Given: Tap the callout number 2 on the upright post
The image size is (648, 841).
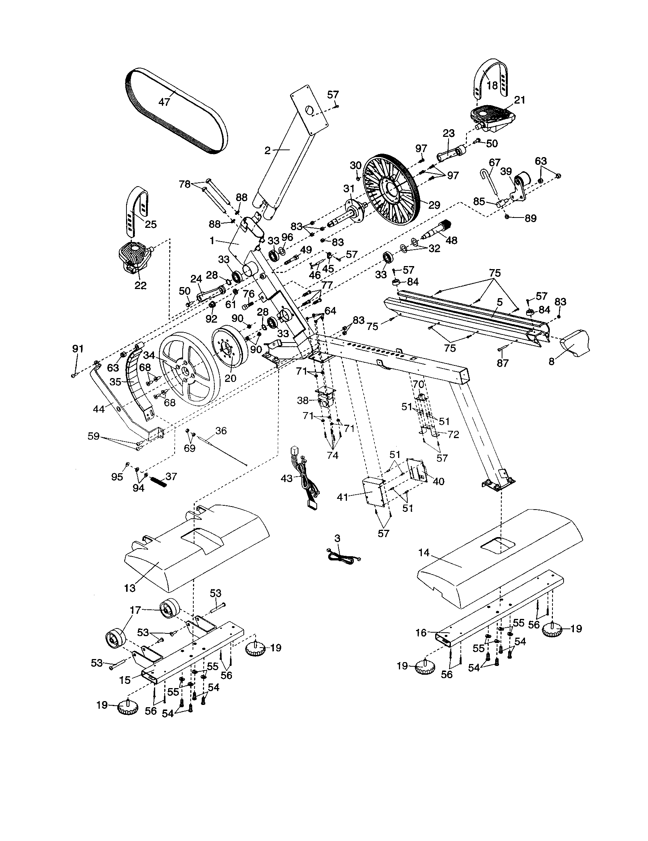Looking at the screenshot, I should click(x=267, y=151).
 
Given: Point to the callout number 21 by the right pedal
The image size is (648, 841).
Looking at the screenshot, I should click(x=520, y=100).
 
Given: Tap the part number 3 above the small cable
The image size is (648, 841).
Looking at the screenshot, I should click(x=337, y=538).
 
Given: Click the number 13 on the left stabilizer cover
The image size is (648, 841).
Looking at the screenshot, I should click(x=130, y=588).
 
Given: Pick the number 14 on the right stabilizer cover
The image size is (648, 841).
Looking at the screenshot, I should click(x=424, y=553).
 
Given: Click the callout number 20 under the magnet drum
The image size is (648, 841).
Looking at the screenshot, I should click(x=230, y=378).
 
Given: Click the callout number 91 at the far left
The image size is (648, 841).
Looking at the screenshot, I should click(x=78, y=349).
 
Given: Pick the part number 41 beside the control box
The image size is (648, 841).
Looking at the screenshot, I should click(x=342, y=497).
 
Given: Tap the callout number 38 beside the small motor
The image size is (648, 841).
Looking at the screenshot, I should click(x=303, y=401).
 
